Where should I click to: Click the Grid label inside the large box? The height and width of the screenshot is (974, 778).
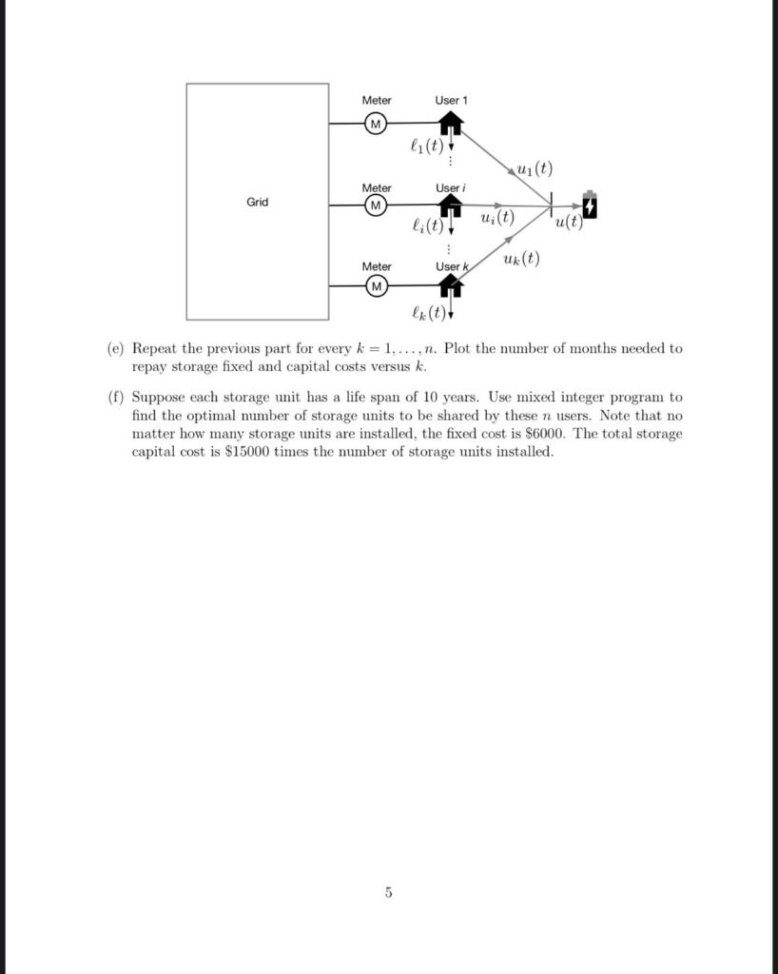pyautogui.click(x=258, y=203)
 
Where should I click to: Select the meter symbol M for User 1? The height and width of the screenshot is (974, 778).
pyautogui.click(x=375, y=124)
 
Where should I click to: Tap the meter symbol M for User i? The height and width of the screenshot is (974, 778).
pyautogui.click(x=377, y=205)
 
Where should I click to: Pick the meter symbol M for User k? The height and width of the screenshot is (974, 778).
pyautogui.click(x=377, y=286)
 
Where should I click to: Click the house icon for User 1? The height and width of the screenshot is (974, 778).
pyautogui.click(x=450, y=123)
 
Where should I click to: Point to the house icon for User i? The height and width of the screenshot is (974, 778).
pyautogui.click(x=450, y=205)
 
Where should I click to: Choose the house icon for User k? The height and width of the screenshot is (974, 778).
pyautogui.click(x=450, y=284)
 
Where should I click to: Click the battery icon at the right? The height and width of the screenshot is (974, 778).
pyautogui.click(x=590, y=205)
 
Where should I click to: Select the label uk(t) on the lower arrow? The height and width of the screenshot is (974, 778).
pyautogui.click(x=520, y=259)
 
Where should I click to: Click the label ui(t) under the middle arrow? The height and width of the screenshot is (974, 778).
pyautogui.click(x=496, y=218)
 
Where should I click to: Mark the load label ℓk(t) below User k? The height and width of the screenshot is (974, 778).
pyautogui.click(x=426, y=312)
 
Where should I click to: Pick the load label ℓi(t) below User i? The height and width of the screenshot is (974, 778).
pyautogui.click(x=425, y=226)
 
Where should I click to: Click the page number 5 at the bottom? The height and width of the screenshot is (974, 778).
pyautogui.click(x=388, y=892)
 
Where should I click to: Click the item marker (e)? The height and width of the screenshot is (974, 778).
pyautogui.click(x=115, y=349)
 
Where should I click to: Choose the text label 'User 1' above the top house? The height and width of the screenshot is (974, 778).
pyautogui.click(x=451, y=100)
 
